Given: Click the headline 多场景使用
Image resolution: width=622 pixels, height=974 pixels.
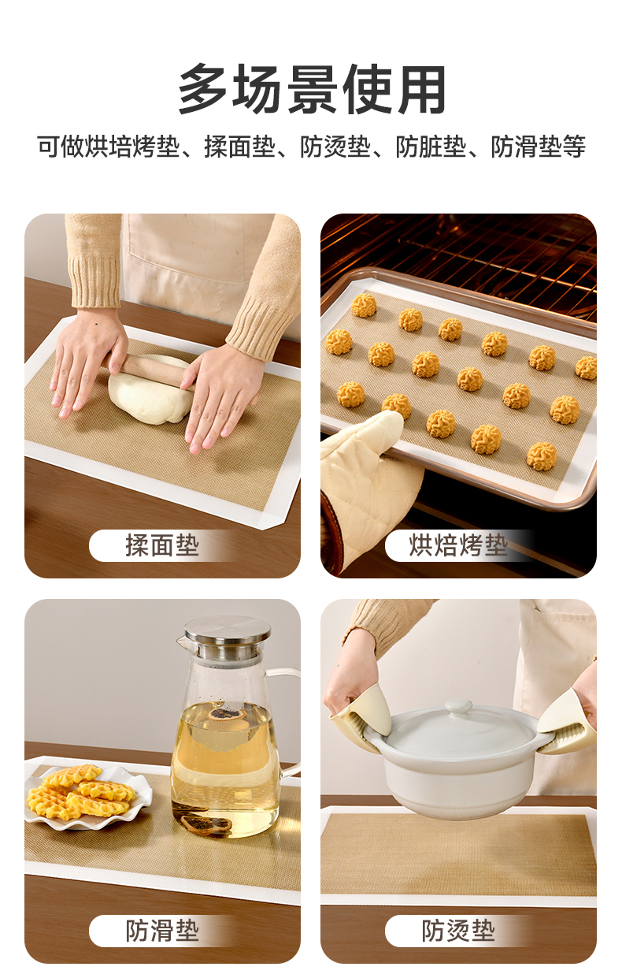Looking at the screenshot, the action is (x=312, y=89).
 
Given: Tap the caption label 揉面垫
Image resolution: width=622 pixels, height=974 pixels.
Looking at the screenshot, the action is (x=162, y=545).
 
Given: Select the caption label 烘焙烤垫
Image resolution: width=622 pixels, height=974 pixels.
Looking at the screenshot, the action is (x=458, y=545).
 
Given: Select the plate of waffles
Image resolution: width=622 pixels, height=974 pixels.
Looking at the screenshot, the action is (x=87, y=794).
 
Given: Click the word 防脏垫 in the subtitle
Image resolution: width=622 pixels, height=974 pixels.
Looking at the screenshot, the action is (x=431, y=147).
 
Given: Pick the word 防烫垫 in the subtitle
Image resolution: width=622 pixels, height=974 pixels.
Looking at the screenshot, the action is (x=335, y=147).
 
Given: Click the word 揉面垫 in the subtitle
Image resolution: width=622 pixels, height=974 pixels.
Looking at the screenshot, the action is (x=239, y=147).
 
